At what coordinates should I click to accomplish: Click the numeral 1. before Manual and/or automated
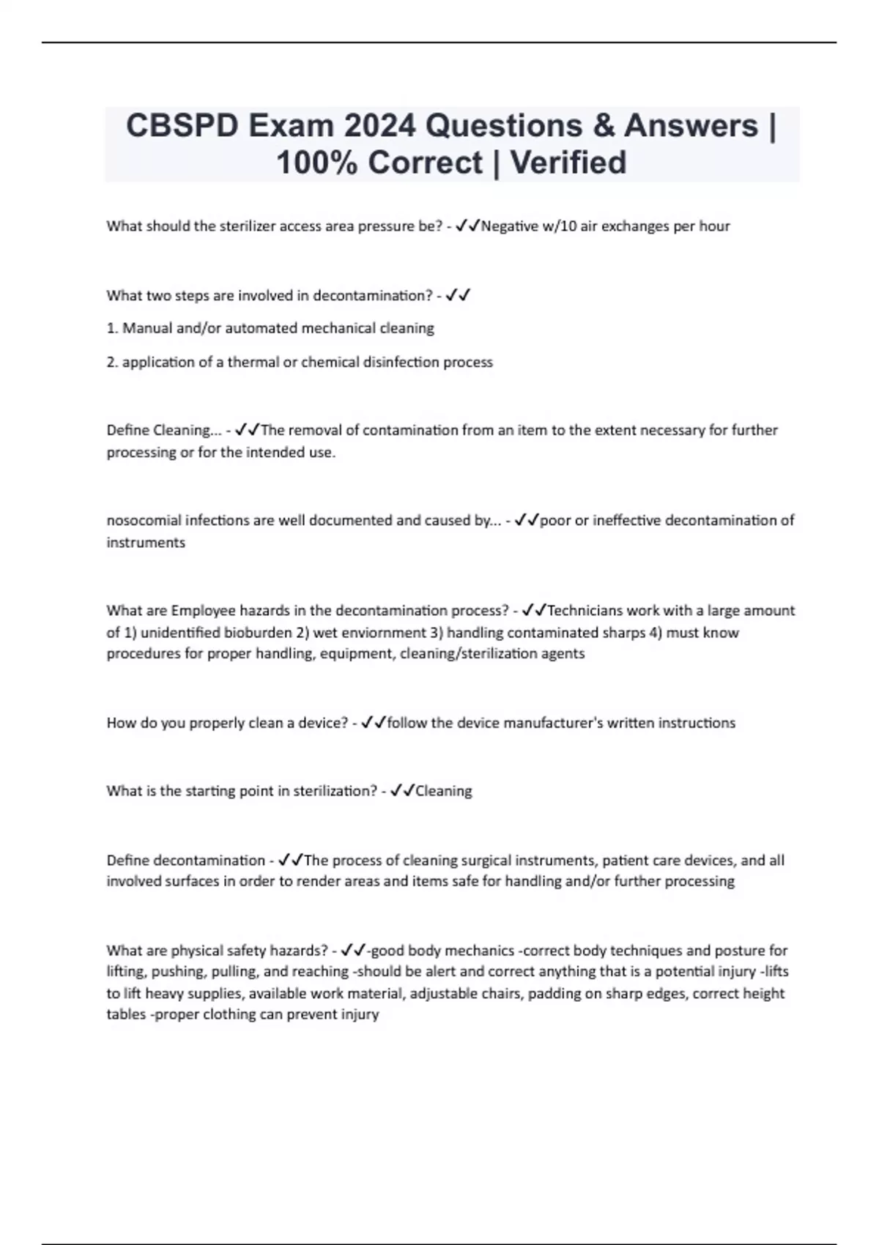(112, 328)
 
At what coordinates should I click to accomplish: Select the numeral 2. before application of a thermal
(112, 362)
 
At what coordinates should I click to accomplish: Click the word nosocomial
(144, 521)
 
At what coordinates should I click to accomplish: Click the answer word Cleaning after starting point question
(443, 791)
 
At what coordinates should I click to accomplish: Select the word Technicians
(585, 611)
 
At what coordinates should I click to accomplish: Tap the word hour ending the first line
(714, 226)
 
